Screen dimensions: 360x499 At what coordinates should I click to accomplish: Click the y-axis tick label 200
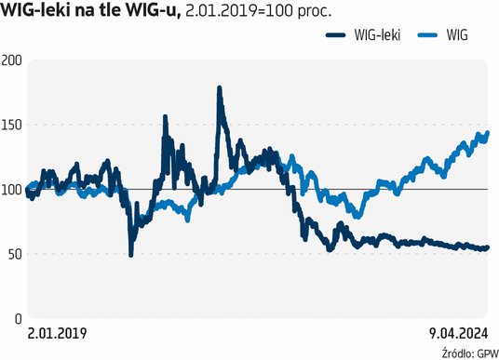tap(12, 60)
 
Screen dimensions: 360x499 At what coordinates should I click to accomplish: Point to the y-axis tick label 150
tap(12, 125)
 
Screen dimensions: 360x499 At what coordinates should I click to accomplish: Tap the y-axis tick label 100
tap(12, 189)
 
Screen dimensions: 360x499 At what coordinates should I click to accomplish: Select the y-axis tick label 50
tap(14, 254)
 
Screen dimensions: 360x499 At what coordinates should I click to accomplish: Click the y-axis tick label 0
tap(18, 319)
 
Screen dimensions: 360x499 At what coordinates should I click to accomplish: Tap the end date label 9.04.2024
tap(458, 332)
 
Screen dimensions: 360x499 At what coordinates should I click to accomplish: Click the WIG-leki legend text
tap(378, 36)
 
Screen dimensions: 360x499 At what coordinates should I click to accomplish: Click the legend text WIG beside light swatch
tap(457, 36)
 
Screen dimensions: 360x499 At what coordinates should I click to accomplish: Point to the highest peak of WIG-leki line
tap(219, 88)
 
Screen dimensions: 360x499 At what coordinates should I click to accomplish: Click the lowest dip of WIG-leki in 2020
tap(130, 254)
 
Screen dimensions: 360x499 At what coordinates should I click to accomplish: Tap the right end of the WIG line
tap(487, 133)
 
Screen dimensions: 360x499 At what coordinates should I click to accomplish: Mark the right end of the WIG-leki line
tap(487, 247)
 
